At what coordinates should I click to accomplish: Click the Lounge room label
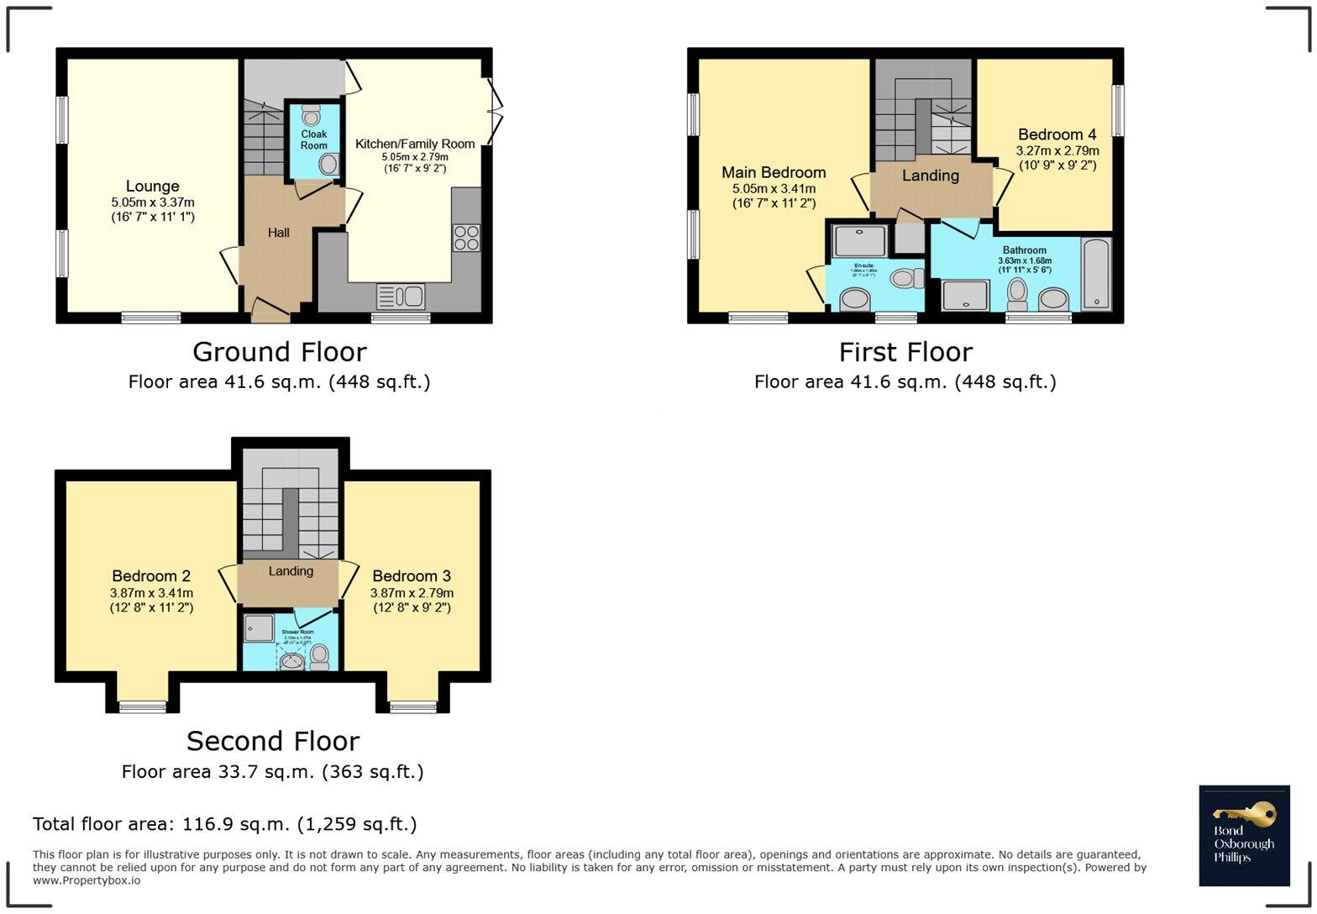[152, 186]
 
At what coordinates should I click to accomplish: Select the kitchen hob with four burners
[466, 238]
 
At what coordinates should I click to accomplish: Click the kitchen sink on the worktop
[401, 297]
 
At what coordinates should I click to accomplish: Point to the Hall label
[278, 233]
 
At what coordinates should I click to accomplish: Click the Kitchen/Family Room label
[415, 144]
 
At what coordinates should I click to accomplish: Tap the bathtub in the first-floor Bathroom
[1096, 274]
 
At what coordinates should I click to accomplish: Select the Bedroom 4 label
[1057, 134]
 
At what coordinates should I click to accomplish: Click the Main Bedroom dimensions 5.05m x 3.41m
[774, 189]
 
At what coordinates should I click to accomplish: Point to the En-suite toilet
[905, 278]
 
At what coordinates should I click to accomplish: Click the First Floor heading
[905, 352]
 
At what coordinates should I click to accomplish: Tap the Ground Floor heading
[279, 352]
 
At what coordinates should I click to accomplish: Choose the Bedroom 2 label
[151, 576]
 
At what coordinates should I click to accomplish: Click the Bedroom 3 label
[412, 576]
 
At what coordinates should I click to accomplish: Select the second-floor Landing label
[291, 571]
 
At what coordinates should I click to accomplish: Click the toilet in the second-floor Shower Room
[319, 656]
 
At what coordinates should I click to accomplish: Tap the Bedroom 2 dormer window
[142, 706]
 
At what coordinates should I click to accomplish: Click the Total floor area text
[224, 824]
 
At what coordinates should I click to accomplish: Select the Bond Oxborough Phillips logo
[1243, 835]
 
